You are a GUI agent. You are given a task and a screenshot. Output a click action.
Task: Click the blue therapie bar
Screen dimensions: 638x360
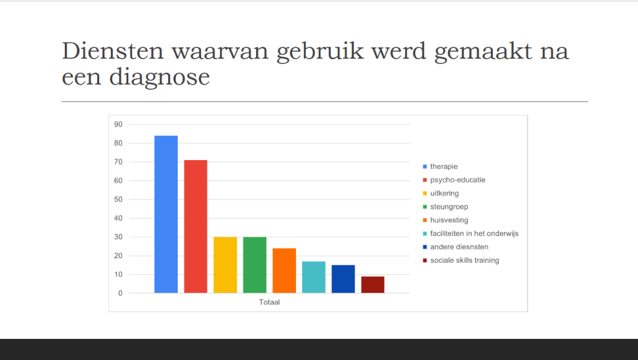pyautogui.click(x=166, y=214)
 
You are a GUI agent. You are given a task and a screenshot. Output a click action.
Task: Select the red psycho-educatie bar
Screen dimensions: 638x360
pyautogui.click(x=196, y=227)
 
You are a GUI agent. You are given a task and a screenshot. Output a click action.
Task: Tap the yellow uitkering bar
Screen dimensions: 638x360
pyautogui.click(x=225, y=265)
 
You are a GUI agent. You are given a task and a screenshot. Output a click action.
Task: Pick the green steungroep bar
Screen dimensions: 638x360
pyautogui.click(x=255, y=265)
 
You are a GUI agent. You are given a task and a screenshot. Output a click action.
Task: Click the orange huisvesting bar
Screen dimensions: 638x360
pyautogui.click(x=284, y=270)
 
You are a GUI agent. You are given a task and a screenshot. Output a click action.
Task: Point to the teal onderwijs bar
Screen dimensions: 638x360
pyautogui.click(x=314, y=277)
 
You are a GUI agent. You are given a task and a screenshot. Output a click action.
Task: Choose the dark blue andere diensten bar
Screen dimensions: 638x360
pyautogui.click(x=343, y=279)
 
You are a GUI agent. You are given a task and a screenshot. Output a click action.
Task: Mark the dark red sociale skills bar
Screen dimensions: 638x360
pyautogui.click(x=373, y=285)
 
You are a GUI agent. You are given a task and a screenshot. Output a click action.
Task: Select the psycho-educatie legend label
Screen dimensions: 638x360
pyautogui.click(x=458, y=180)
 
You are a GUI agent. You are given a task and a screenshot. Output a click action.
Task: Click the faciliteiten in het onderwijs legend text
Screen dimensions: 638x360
pyautogui.click(x=474, y=234)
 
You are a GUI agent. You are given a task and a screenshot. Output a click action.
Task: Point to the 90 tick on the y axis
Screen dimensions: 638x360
pyautogui.click(x=118, y=125)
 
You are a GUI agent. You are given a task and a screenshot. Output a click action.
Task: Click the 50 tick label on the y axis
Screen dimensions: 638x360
pyautogui.click(x=118, y=199)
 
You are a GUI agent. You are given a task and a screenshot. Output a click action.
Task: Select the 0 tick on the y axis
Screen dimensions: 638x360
pyautogui.click(x=120, y=293)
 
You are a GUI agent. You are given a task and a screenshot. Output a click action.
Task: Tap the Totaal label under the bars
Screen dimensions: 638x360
pyautogui.click(x=269, y=302)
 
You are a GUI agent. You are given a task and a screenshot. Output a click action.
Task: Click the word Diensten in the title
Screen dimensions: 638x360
pyautogui.click(x=113, y=51)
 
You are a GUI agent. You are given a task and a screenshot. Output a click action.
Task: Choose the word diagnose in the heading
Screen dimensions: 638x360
pyautogui.click(x=159, y=77)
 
